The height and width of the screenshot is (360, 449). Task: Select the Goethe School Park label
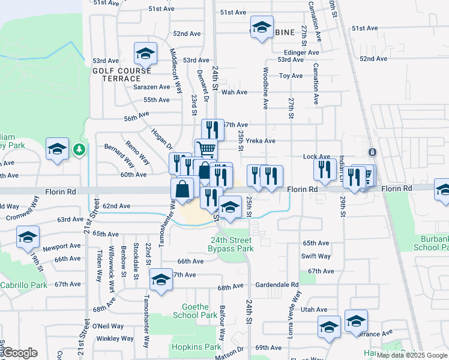tap(194, 311)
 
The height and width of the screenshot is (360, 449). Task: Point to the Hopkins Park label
tap(188, 347)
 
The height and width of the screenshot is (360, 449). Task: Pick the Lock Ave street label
tap(317, 156)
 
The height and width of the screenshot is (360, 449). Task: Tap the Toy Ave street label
tap(291, 76)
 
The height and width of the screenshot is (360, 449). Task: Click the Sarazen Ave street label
tap(152, 87)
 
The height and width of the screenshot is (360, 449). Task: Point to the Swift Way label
tap(316, 256)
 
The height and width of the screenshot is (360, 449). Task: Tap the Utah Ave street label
tap(315, 310)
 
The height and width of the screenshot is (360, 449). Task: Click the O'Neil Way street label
tap(108, 326)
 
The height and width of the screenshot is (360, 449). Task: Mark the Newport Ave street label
tap(61, 246)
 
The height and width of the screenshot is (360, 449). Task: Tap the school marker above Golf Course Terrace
tap(145, 54)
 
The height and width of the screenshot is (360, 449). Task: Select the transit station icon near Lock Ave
tap(372, 152)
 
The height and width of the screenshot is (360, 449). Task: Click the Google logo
tap(20, 353)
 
